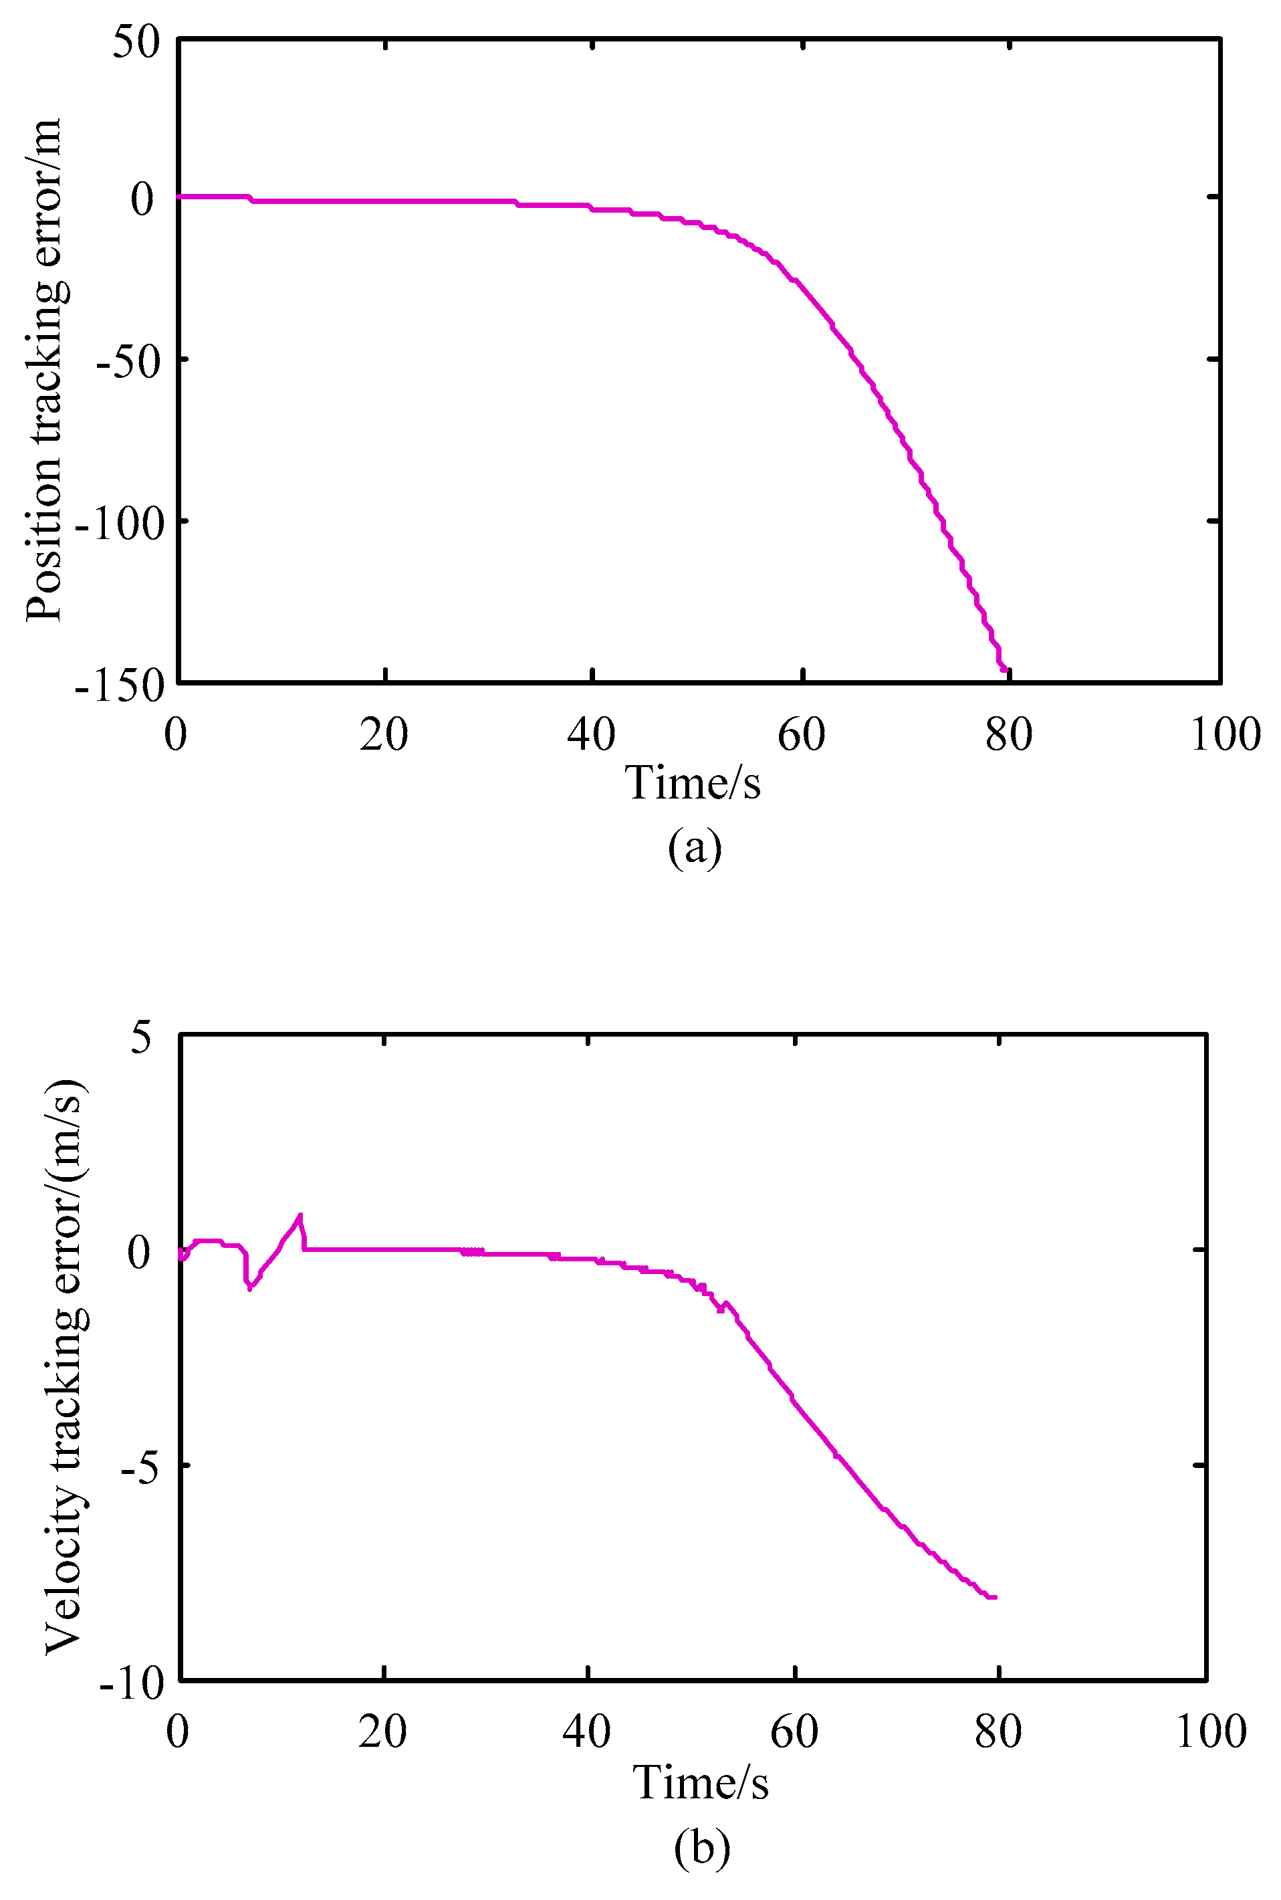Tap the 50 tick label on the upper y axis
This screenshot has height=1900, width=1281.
(x=136, y=41)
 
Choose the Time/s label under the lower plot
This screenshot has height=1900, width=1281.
(x=700, y=1782)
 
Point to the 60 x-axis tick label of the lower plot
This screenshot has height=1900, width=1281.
(x=794, y=1731)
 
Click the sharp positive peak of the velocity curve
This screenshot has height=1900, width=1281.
(x=300, y=1215)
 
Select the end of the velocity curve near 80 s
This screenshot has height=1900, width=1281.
(x=994, y=1597)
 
